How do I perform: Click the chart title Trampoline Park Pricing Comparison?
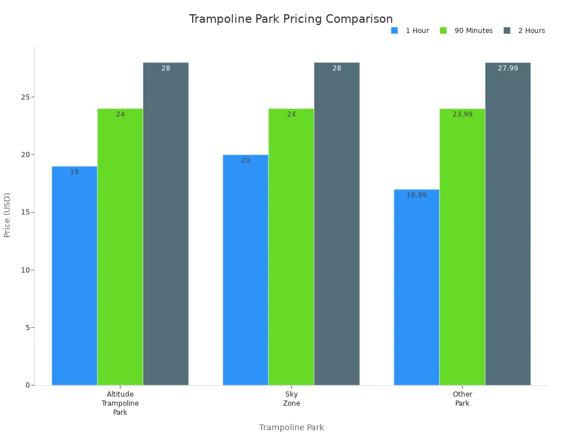[x=290, y=19]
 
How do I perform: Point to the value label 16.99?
[x=416, y=195]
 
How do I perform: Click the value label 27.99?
[x=508, y=68]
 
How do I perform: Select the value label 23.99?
[x=462, y=114]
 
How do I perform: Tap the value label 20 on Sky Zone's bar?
[x=245, y=160]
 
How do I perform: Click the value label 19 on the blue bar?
[x=74, y=172]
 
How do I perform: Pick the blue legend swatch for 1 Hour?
[x=394, y=31]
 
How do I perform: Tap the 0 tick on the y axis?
[x=27, y=385]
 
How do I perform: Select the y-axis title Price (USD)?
[x=7, y=215]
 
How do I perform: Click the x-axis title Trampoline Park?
[x=291, y=427]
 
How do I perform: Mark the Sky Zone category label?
[x=291, y=399]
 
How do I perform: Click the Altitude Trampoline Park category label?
[x=120, y=403]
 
